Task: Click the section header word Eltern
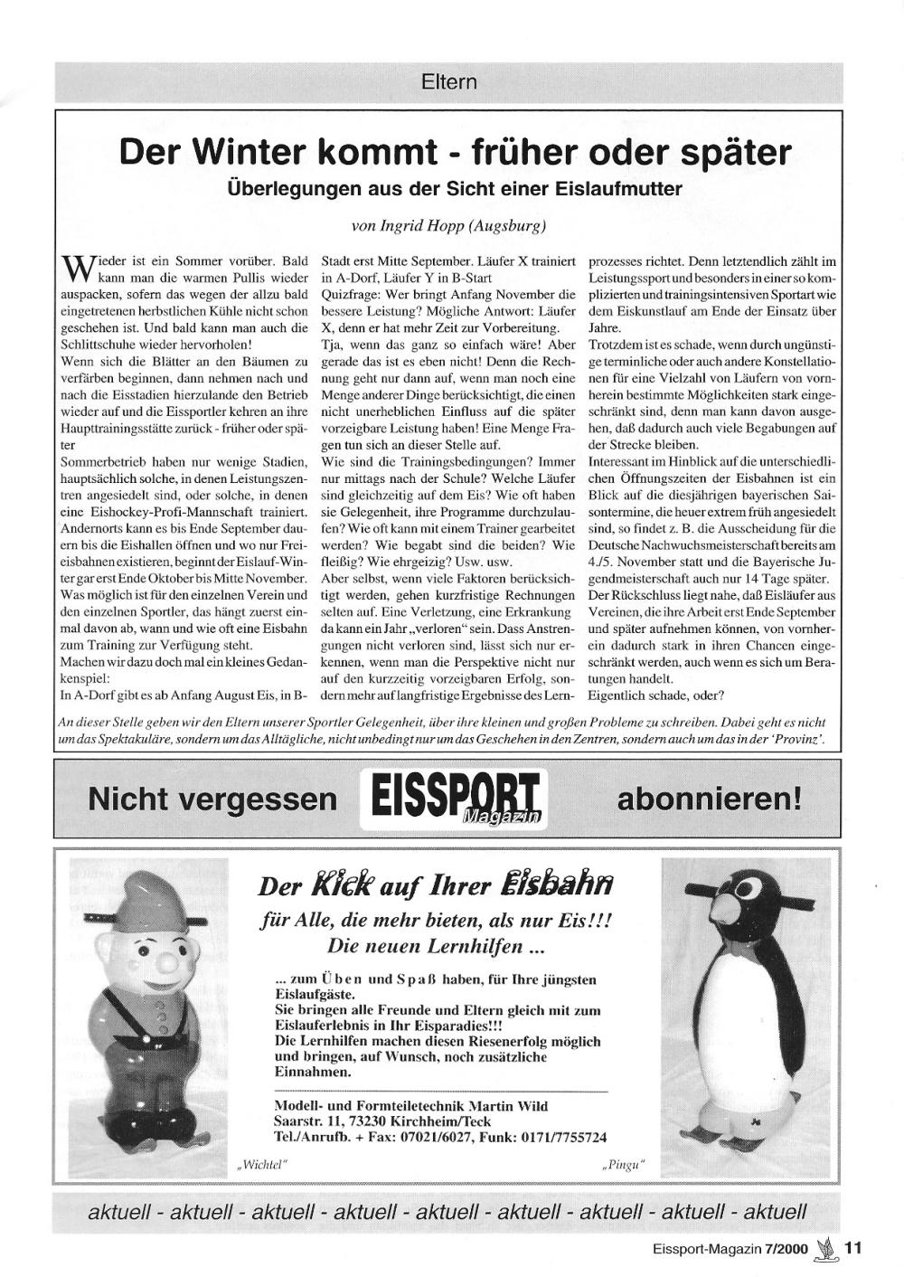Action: (x=448, y=82)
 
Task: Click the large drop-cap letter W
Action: (x=73, y=268)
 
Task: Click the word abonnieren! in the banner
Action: (x=709, y=799)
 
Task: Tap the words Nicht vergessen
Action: (x=212, y=799)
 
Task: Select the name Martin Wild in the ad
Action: (x=508, y=1106)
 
